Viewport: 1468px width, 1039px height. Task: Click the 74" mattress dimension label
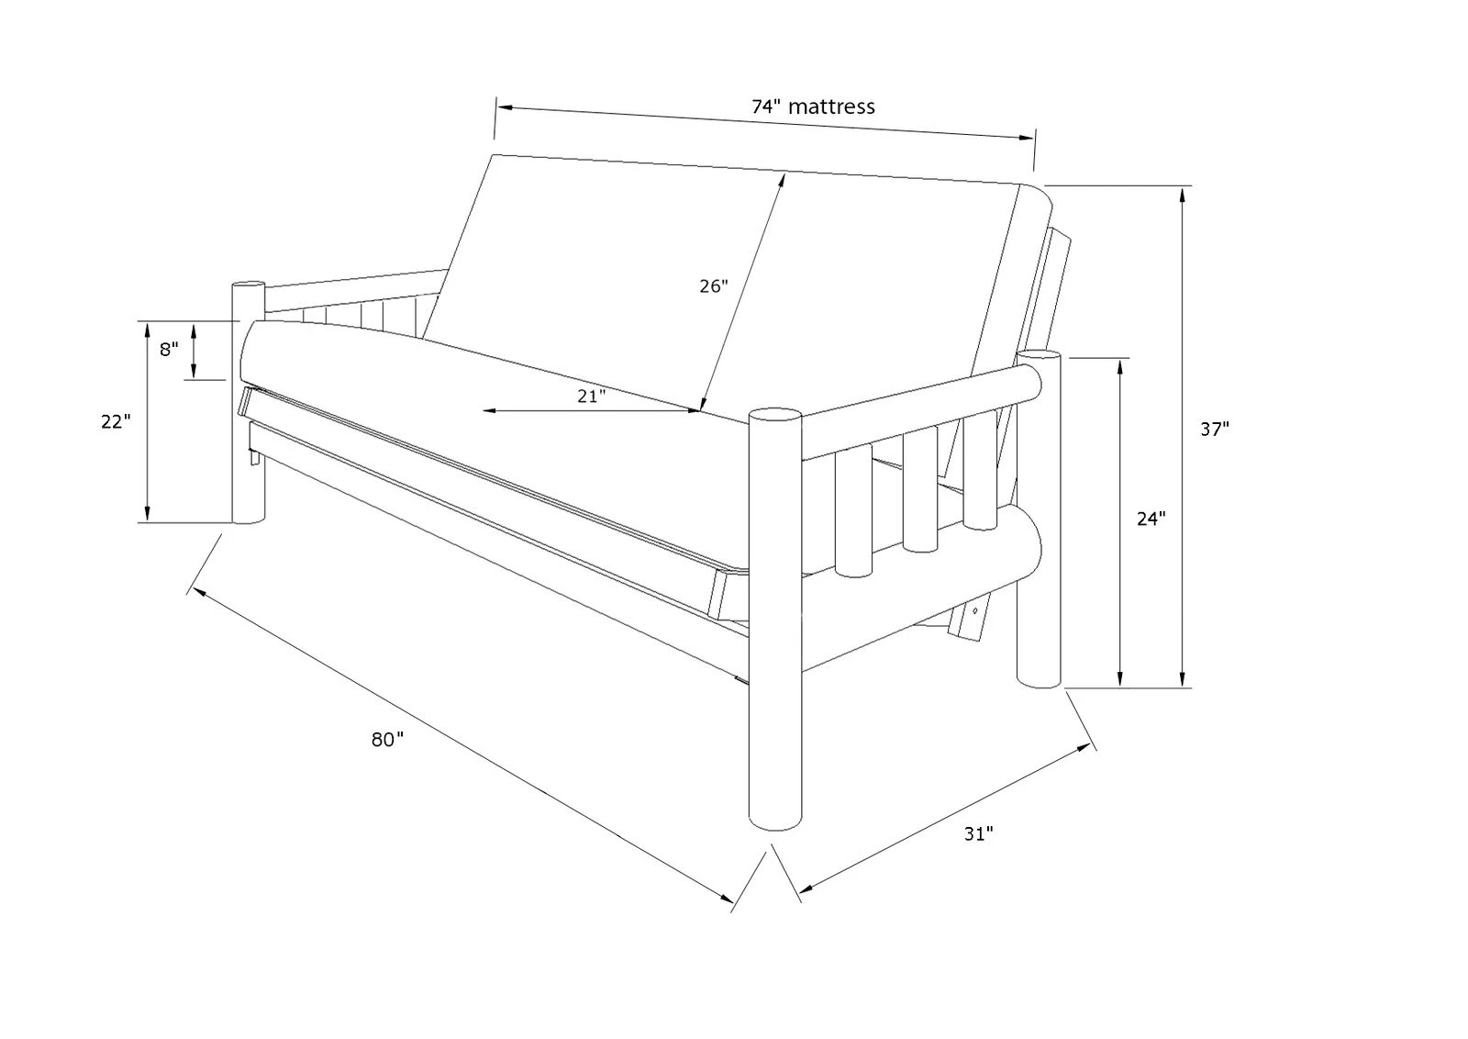(x=813, y=106)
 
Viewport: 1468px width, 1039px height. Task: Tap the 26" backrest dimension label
(x=713, y=286)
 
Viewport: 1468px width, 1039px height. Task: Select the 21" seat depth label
(x=592, y=397)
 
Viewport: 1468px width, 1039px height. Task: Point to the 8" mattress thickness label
(x=169, y=350)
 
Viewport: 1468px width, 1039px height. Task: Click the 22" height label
(x=117, y=422)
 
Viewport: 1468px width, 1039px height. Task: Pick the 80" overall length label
(x=387, y=739)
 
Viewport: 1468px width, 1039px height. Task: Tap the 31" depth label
(x=979, y=834)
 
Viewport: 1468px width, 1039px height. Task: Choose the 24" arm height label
(x=1151, y=519)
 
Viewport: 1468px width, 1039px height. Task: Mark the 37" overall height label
(x=1215, y=428)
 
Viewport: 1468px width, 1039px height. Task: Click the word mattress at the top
(x=831, y=106)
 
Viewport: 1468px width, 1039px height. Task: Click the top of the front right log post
(x=775, y=415)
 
